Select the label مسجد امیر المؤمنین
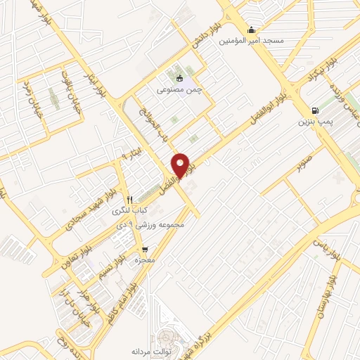pos(251,41)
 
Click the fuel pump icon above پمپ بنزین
pos(314,110)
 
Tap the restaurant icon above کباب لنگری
pos(129,199)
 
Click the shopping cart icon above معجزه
pos(145,250)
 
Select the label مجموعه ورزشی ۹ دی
pos(153,226)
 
